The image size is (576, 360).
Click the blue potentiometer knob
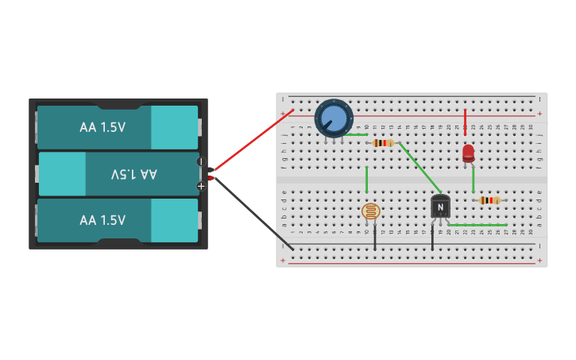(x=334, y=118)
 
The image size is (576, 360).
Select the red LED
(x=468, y=153)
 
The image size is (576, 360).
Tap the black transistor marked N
(x=440, y=207)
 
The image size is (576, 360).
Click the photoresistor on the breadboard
(x=370, y=211)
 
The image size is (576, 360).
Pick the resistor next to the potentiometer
(x=383, y=143)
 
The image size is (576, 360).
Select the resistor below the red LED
(x=489, y=200)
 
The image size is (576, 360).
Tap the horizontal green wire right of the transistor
(x=477, y=225)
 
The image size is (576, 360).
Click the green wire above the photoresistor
(x=366, y=180)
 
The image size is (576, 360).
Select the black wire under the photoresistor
(x=375, y=237)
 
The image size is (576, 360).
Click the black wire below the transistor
(x=433, y=237)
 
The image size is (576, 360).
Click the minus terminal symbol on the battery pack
(x=200, y=161)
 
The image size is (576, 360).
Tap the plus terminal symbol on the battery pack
(x=201, y=186)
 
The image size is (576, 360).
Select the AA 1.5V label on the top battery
(x=102, y=127)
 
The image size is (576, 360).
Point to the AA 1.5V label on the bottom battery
(x=102, y=220)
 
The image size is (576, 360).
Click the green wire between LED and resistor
(x=473, y=180)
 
